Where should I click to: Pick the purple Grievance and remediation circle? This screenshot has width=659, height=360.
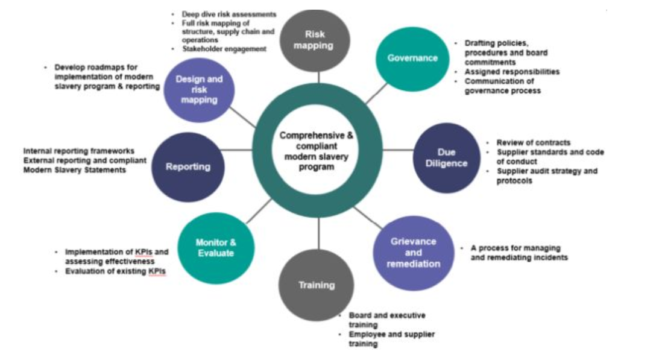[413, 253]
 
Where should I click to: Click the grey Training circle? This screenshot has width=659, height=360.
[317, 285]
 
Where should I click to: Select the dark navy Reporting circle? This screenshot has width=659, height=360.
[188, 166]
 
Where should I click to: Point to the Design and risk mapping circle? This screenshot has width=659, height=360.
[199, 90]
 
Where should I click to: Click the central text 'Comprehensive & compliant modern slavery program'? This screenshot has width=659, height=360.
[317, 151]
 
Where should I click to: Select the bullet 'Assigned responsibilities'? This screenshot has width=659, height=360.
[512, 72]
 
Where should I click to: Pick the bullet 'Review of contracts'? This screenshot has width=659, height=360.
[533, 143]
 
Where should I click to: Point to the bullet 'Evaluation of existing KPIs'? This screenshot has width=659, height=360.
[115, 271]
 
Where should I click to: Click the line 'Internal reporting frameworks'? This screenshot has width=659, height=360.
[79, 151]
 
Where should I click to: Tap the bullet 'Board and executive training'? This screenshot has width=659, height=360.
[386, 320]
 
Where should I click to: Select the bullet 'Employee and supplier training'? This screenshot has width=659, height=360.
[391, 339]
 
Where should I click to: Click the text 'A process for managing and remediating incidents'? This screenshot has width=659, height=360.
[519, 253]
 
